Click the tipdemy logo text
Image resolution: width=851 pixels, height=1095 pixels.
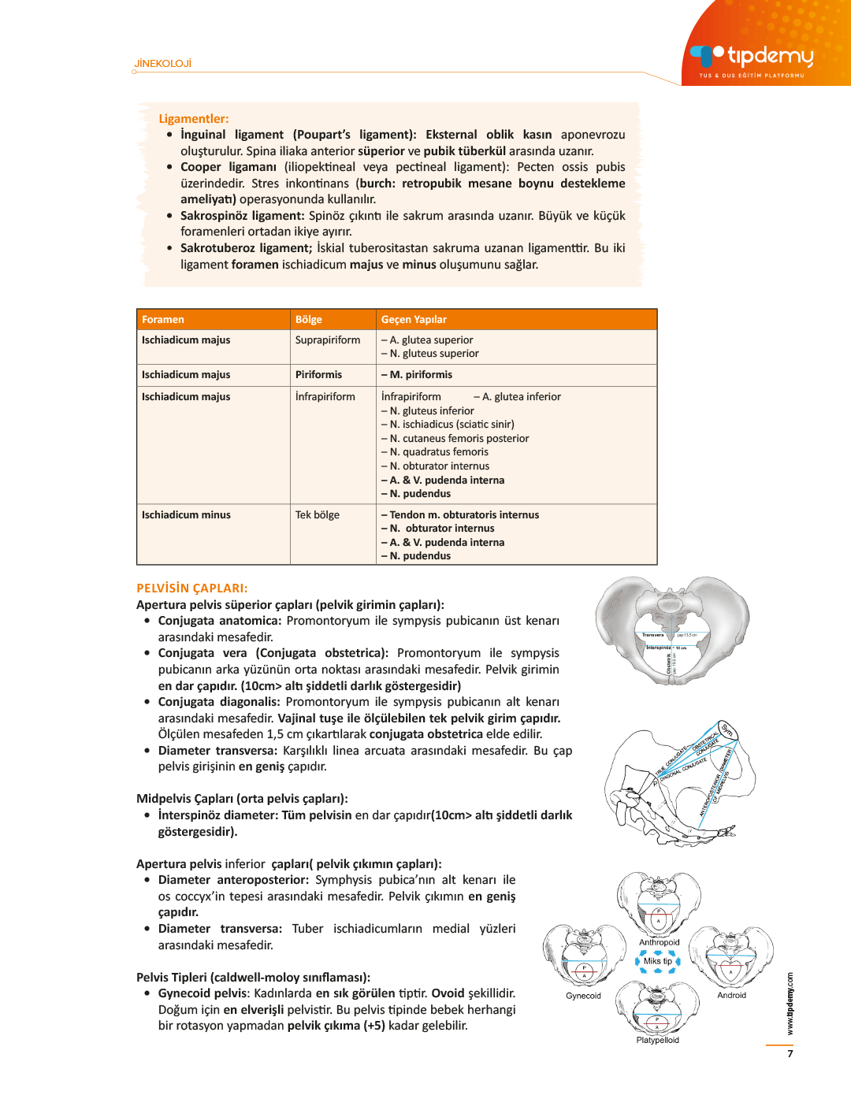tap(770, 56)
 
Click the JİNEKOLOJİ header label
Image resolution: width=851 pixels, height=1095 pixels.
tap(163, 64)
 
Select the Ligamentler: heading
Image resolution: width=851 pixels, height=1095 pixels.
tap(194, 119)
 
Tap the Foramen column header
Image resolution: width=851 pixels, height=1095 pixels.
tap(163, 320)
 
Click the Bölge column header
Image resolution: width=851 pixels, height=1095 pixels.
tap(309, 320)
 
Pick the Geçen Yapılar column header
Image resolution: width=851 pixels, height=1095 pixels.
tap(414, 320)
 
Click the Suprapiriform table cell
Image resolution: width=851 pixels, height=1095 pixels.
tap(328, 340)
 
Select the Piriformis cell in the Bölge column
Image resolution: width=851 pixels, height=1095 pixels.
tap(318, 375)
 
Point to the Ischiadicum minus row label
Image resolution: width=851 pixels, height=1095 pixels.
tap(186, 515)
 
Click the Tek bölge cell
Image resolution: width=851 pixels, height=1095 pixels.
tap(318, 515)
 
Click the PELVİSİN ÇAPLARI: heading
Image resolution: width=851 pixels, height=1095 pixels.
tap(192, 588)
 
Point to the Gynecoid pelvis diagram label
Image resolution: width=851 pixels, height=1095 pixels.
tap(583, 996)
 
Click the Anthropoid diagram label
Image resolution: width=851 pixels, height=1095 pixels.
tap(659, 942)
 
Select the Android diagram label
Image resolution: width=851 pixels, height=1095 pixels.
tap(731, 995)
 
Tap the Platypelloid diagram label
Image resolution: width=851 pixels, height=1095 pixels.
tap(657, 1040)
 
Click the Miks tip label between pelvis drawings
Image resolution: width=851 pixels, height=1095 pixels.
tap(657, 961)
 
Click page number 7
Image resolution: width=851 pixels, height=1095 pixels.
tap(790, 1054)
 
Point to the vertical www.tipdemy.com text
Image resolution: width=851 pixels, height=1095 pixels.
tap(790, 1004)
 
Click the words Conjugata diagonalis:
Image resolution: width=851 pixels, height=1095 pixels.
tap(219, 702)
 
